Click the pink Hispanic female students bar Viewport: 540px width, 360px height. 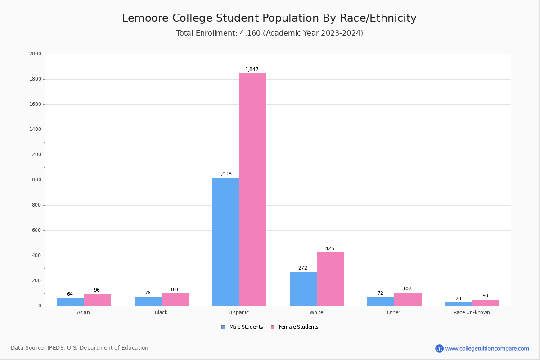(x=252, y=189)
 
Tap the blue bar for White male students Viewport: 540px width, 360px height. (x=303, y=288)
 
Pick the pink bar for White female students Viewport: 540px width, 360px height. (x=330, y=279)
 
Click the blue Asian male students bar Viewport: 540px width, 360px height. (x=70, y=302)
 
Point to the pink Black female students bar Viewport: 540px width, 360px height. (x=175, y=300)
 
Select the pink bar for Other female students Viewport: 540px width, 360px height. (x=408, y=299)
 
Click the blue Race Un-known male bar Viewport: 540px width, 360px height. (x=459, y=304)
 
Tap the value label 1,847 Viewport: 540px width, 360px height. (x=252, y=70)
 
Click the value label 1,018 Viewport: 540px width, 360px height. (x=225, y=174)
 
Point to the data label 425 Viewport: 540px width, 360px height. (x=330, y=249)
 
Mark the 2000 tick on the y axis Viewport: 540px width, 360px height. (x=35, y=54)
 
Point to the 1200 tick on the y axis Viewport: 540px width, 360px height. (x=35, y=155)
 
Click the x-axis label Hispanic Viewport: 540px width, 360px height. (x=238, y=312)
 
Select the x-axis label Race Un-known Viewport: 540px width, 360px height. (x=472, y=312)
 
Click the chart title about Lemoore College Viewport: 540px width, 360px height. (x=269, y=18)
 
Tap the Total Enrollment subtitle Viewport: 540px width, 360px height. (x=269, y=33)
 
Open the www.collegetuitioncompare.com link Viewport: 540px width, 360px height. (x=487, y=348)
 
